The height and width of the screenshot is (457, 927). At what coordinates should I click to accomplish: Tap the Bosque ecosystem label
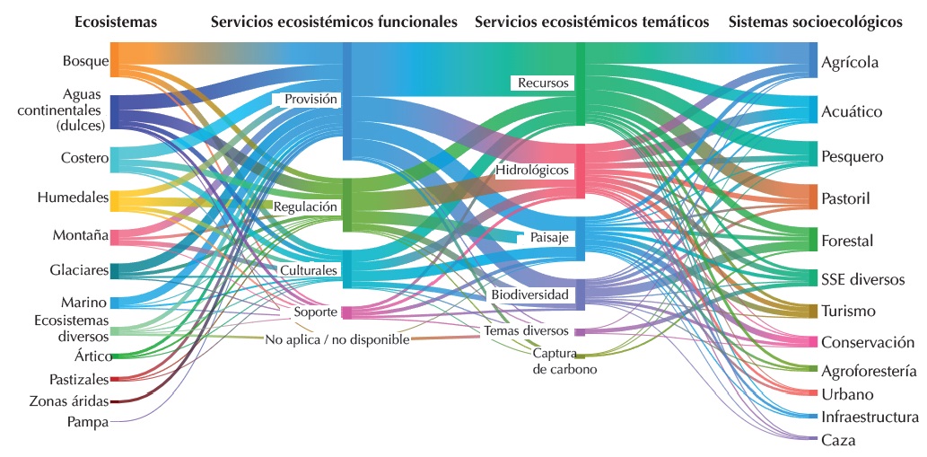85,61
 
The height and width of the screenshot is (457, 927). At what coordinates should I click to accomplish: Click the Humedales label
73,197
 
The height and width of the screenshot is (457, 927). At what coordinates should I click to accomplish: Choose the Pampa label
87,421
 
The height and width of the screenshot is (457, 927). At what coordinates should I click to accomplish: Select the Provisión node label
310,100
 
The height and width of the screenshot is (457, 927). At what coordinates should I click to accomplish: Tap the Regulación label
305,207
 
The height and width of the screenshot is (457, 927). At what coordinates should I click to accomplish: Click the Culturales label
308,269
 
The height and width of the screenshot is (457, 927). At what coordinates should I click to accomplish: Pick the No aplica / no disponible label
337,340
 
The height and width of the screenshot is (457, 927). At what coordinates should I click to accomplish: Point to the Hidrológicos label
532,170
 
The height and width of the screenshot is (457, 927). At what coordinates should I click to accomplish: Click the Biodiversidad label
529,294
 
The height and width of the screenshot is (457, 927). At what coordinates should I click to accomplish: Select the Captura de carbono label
564,361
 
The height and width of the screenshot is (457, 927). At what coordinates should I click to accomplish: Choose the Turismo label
848,311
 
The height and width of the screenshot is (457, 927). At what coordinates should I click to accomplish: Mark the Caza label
838,440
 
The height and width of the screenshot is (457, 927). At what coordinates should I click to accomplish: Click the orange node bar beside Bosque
114,60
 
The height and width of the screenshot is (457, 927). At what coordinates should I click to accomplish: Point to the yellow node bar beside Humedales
114,199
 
